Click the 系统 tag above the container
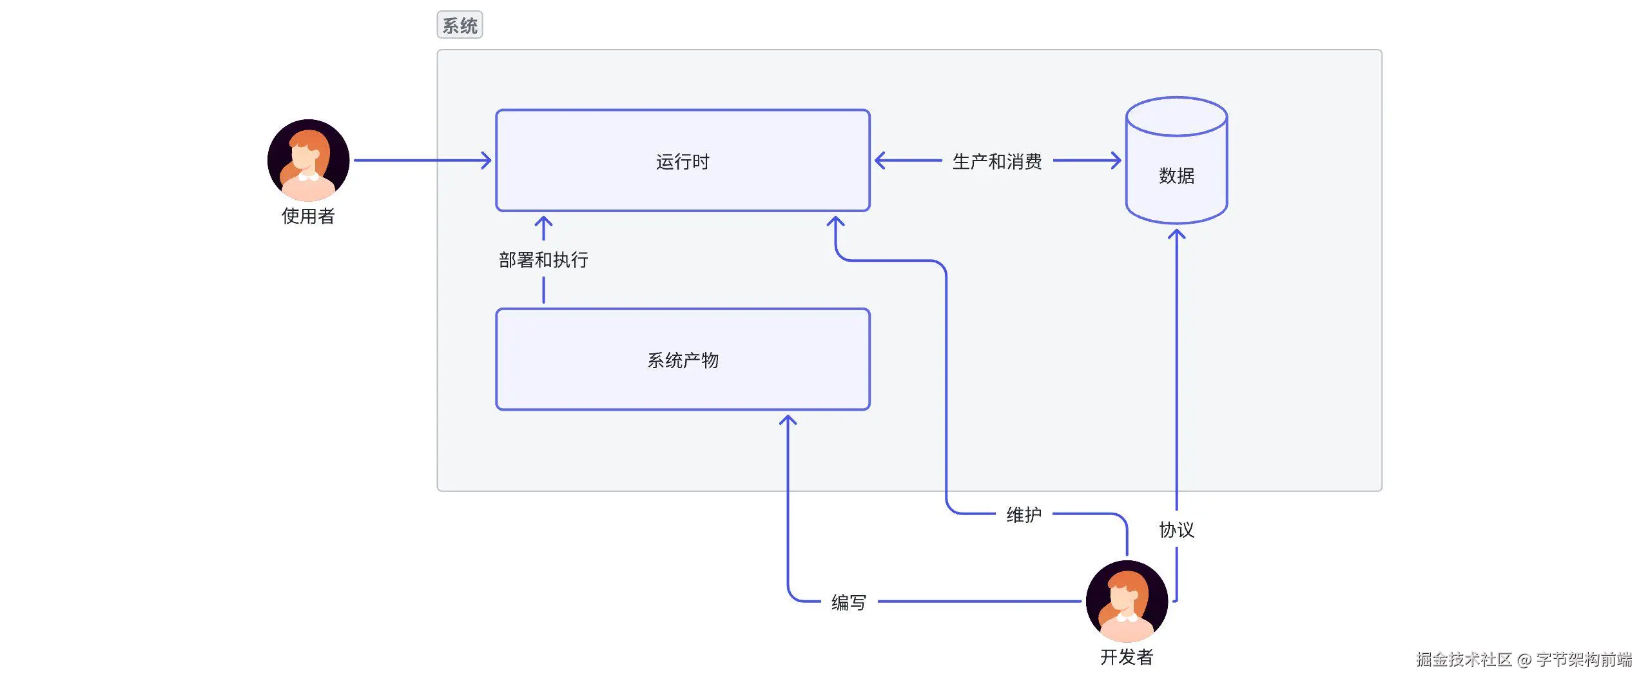(460, 25)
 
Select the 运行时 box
(683, 161)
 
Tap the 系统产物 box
(683, 359)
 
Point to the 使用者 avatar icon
(308, 160)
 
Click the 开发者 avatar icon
(1127, 601)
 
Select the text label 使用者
(308, 216)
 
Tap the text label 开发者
(1127, 657)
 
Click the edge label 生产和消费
(997, 161)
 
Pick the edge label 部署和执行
(543, 260)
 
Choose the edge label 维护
(1024, 514)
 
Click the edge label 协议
(1176, 529)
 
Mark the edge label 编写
(848, 602)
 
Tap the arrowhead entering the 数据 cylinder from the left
(1116, 161)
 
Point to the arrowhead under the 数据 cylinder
(1176, 234)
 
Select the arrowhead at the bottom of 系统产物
(788, 420)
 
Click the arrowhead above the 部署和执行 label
(543, 222)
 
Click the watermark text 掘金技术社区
(1463, 659)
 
